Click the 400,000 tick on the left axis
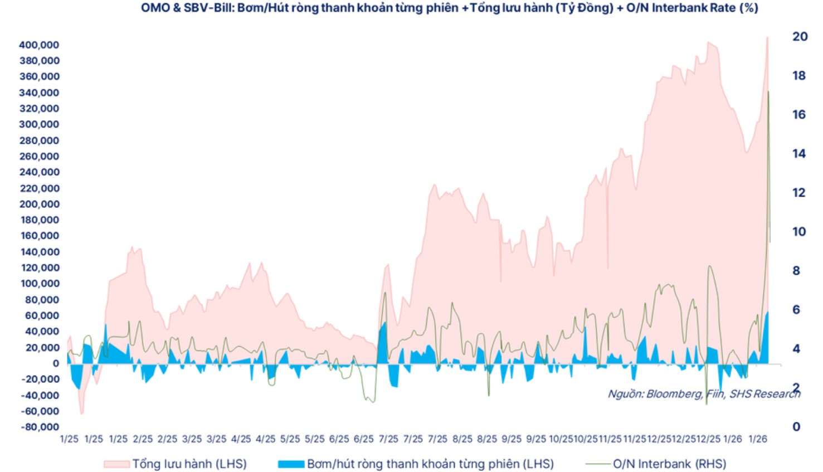39,45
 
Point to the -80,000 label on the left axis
39,427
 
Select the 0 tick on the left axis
55,363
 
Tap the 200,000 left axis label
39,204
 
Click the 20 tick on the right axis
800,36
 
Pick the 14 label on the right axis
799,153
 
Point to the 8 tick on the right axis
796,270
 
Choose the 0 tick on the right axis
796,426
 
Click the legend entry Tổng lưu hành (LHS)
189,464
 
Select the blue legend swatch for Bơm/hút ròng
291,464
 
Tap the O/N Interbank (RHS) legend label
669,464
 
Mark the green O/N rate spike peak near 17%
768,91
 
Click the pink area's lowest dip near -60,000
81,413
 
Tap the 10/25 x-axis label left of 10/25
561,439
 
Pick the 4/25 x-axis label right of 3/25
241,439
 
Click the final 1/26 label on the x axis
757,439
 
